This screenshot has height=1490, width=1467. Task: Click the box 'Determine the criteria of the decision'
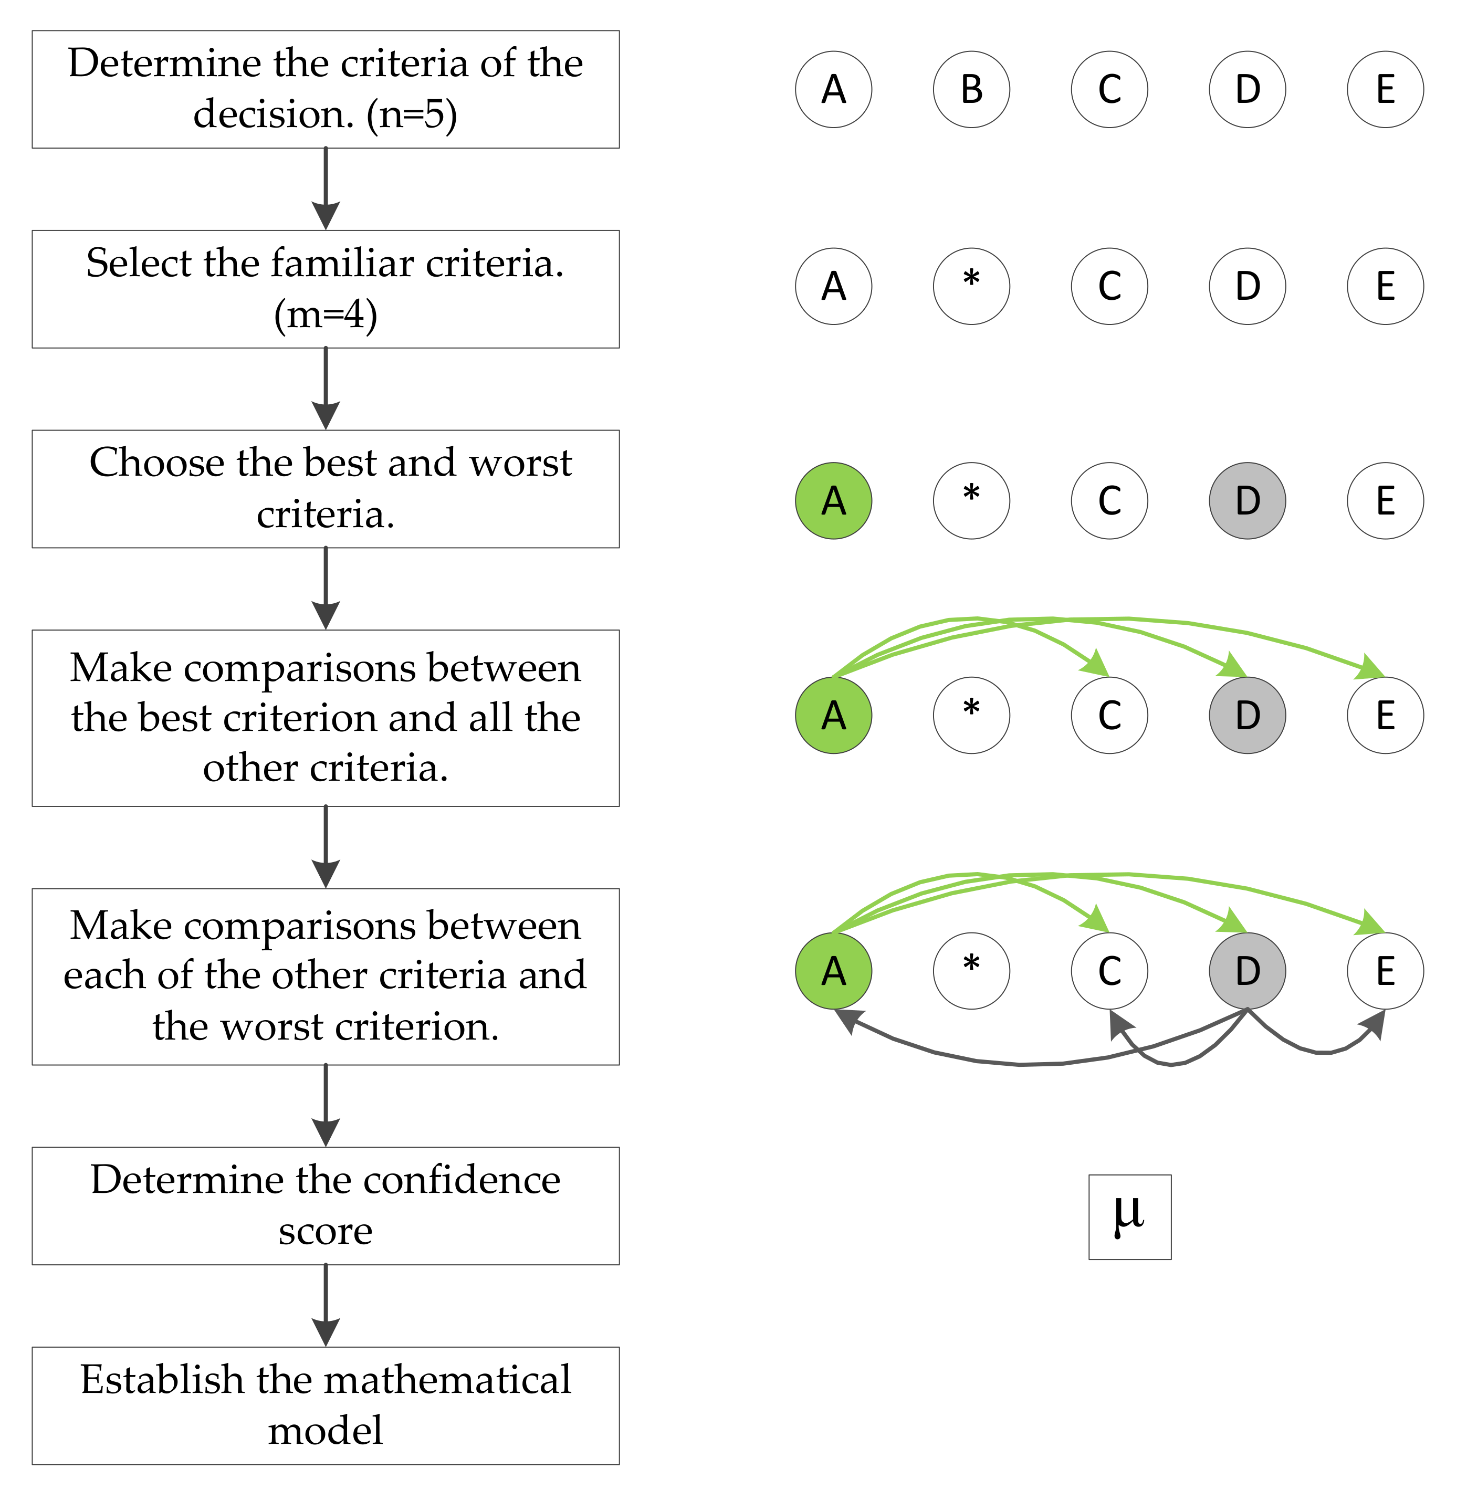pos(325,89)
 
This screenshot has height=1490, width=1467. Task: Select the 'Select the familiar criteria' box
pos(325,289)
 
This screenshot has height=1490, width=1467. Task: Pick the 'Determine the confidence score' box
pos(325,1206)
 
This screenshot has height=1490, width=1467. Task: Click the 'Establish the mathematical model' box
pos(325,1405)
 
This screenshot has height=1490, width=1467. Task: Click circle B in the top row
pos(971,89)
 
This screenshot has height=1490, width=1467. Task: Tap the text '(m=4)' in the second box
pos(325,314)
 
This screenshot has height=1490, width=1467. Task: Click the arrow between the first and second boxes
pos(326,189)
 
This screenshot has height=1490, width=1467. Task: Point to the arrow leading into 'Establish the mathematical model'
pos(326,1305)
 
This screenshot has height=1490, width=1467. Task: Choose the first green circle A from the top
pos(834,501)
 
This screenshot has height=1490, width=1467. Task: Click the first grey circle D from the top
pos(1248,501)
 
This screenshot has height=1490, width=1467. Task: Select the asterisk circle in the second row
pos(971,286)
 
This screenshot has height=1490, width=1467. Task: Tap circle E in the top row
pos(1385,89)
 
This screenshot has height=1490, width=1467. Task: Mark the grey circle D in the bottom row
pos(1248,971)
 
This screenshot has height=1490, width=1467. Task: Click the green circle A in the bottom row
pos(834,971)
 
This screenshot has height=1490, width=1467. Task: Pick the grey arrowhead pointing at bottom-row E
pos(1375,1022)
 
